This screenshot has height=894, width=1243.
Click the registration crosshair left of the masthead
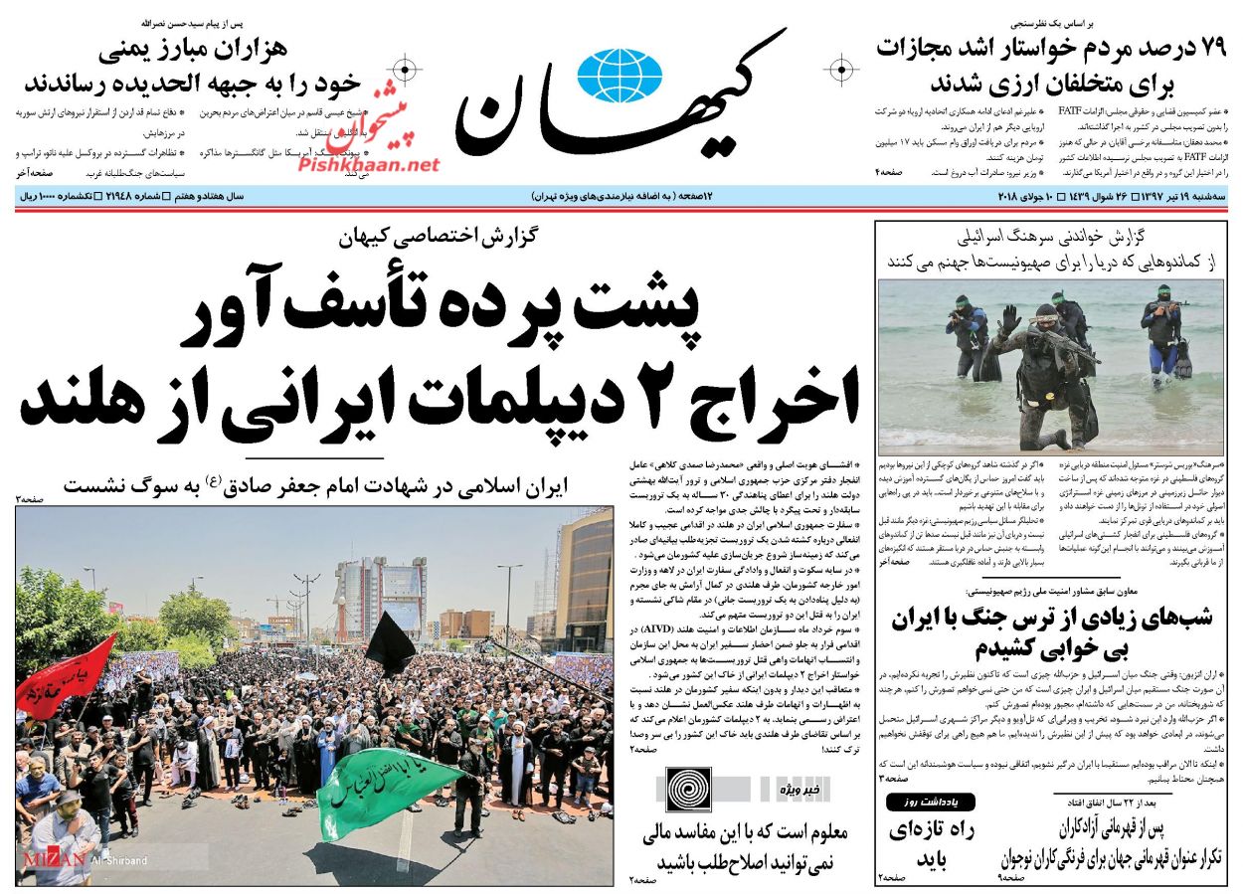coord(405,70)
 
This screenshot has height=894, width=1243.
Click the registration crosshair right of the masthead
coord(841,70)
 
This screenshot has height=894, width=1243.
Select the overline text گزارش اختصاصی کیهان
coord(437,239)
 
